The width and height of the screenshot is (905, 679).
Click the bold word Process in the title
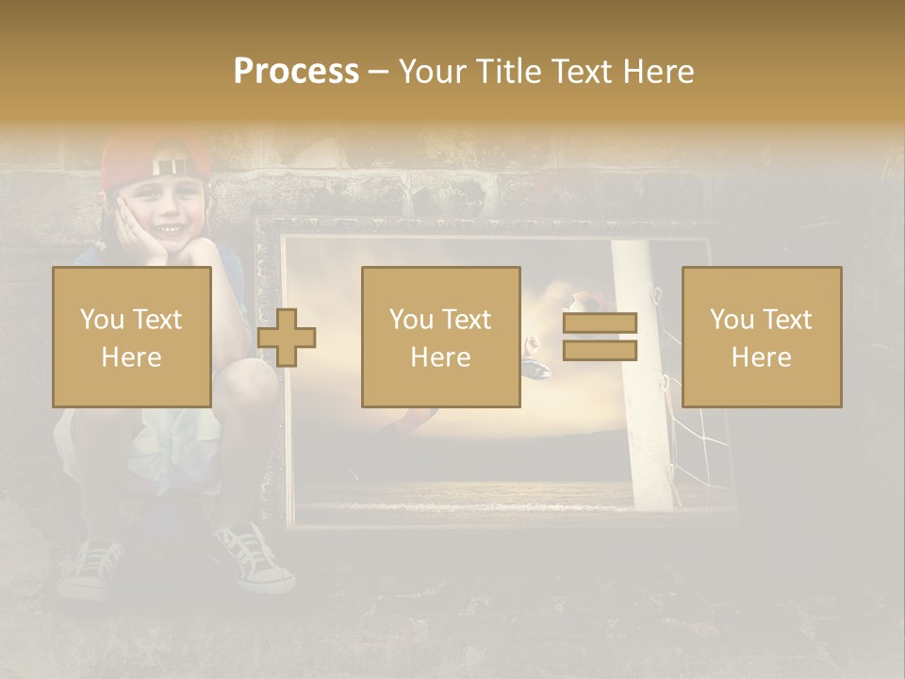[x=296, y=72]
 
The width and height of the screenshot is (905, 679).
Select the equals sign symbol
[x=600, y=338]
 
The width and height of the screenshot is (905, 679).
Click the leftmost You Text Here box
[x=132, y=338]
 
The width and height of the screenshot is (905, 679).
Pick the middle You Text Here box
[x=440, y=338]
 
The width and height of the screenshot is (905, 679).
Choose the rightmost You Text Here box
[x=762, y=338]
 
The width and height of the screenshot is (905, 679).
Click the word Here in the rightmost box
[x=762, y=357]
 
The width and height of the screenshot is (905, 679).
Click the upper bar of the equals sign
[x=600, y=323]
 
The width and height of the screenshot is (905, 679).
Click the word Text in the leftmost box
[x=156, y=320]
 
